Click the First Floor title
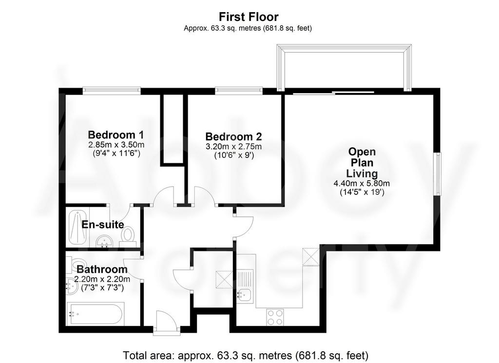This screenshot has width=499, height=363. click(x=249, y=17)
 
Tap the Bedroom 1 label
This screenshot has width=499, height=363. click(x=116, y=134)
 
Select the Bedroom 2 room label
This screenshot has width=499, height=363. click(x=233, y=136)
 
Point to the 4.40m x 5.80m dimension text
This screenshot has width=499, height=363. click(x=362, y=184)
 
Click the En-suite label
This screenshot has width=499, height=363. click(x=103, y=225)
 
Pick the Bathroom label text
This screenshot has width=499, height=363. click(x=102, y=269)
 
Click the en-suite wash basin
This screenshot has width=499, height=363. click(x=104, y=241)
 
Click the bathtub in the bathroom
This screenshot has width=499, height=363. click(x=96, y=314)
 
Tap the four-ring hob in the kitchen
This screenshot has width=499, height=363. click(x=275, y=317)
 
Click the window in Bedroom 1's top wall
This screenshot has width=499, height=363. click(x=112, y=91)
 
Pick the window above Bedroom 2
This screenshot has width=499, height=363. click(x=239, y=91)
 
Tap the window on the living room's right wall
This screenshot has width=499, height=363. click(x=438, y=174)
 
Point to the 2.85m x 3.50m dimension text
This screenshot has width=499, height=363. click(x=116, y=145)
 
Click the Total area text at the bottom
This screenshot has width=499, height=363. click(x=246, y=355)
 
